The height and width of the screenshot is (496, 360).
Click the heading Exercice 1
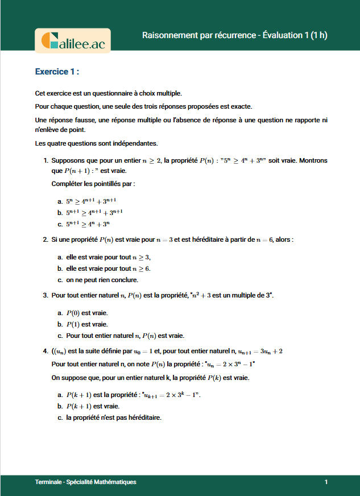pos(56,72)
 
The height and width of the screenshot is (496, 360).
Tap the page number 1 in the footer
pos(326,482)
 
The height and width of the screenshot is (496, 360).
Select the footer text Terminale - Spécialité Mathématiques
pos(85,482)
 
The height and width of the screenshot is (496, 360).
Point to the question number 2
pos(45,240)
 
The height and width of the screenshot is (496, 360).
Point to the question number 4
pos(45,351)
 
